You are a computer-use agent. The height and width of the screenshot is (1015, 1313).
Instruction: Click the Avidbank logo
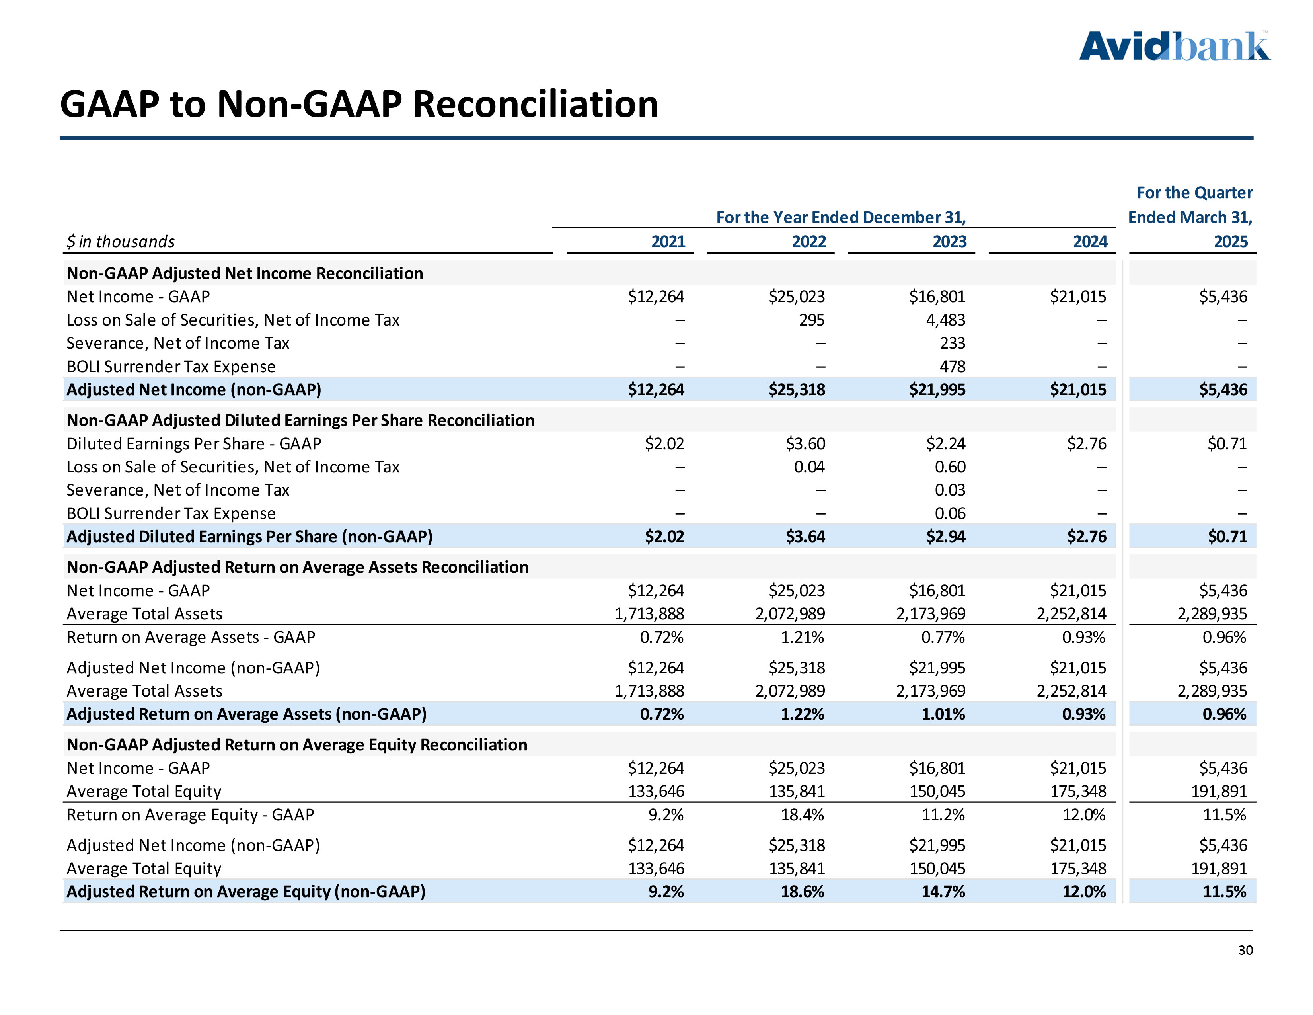click(x=1174, y=47)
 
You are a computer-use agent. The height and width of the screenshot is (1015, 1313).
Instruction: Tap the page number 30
click(x=1245, y=950)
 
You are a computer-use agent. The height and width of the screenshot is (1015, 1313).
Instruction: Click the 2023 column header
click(x=949, y=242)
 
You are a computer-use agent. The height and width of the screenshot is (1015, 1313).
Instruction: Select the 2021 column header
click(x=668, y=242)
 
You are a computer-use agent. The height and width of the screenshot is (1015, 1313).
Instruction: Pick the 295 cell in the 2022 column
click(x=812, y=320)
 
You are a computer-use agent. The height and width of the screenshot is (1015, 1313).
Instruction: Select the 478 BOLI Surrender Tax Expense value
click(x=952, y=366)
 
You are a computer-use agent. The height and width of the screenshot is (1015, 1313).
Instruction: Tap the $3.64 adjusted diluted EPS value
click(x=805, y=537)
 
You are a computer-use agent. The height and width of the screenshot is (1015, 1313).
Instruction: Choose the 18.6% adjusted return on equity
click(x=802, y=892)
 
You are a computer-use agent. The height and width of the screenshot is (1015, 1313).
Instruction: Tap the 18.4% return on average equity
click(x=802, y=815)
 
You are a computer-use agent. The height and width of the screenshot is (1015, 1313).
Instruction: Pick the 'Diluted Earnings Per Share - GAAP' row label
click(x=194, y=444)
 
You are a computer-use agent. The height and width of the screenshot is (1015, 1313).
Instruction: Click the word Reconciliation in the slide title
click(x=535, y=104)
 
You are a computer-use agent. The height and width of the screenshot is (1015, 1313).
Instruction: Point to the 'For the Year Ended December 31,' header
click(x=840, y=217)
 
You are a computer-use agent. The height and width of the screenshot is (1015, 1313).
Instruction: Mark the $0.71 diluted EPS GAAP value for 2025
click(x=1227, y=444)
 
